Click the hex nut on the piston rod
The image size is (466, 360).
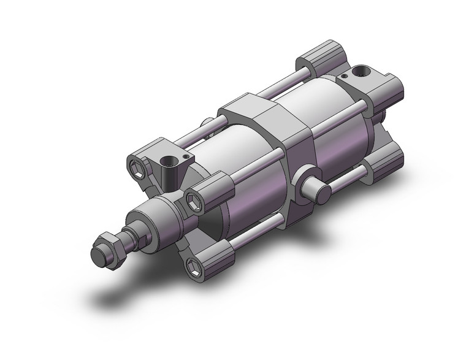pos(113,242)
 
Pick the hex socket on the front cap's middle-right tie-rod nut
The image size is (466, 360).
pos(195,199)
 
